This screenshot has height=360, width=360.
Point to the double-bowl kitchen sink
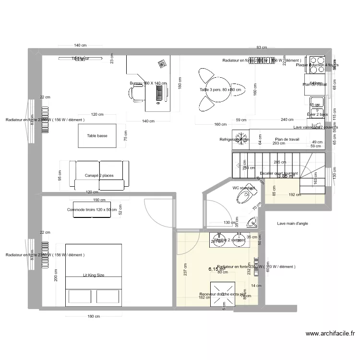[317, 108]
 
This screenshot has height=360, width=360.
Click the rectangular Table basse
[97, 136]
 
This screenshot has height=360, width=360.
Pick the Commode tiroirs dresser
[92, 210]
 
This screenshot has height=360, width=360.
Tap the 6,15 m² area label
[216, 270]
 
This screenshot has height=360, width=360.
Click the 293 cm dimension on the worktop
[278, 143]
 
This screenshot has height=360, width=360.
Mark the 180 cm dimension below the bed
[94, 316]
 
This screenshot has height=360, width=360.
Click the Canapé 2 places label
[99, 176]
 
